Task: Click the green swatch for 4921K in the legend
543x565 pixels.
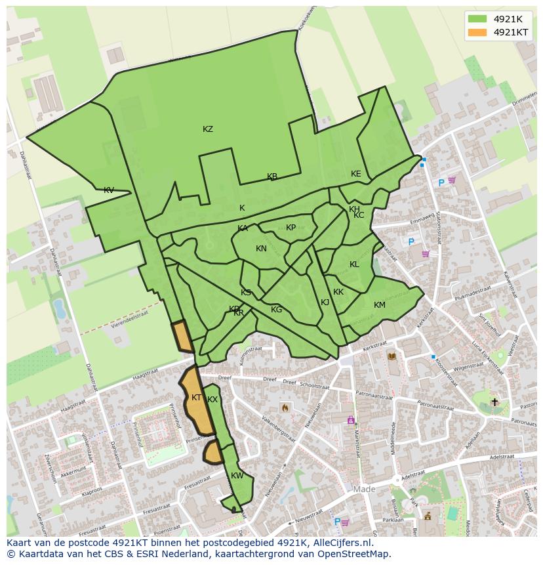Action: coord(477,19)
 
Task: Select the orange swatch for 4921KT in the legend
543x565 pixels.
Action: coord(477,32)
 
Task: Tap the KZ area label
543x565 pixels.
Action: coord(208,129)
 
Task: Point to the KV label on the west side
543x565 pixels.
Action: coord(109,190)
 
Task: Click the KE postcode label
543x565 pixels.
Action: coord(355,174)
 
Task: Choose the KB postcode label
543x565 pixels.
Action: coord(272,177)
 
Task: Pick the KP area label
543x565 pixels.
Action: coord(291,228)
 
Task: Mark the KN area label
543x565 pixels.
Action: coord(261,249)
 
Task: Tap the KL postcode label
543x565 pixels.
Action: coord(354,264)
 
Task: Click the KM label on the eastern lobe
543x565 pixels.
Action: coord(379,305)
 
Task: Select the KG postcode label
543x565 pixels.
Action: coord(276,310)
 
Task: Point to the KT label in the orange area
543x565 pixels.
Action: coord(196,398)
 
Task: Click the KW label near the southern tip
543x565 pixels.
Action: coord(237,476)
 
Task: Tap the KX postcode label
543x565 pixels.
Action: coord(212,400)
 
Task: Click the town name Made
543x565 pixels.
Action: coord(364,490)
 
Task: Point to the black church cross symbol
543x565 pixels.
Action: coord(494,402)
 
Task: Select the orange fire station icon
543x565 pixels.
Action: coord(285,408)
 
